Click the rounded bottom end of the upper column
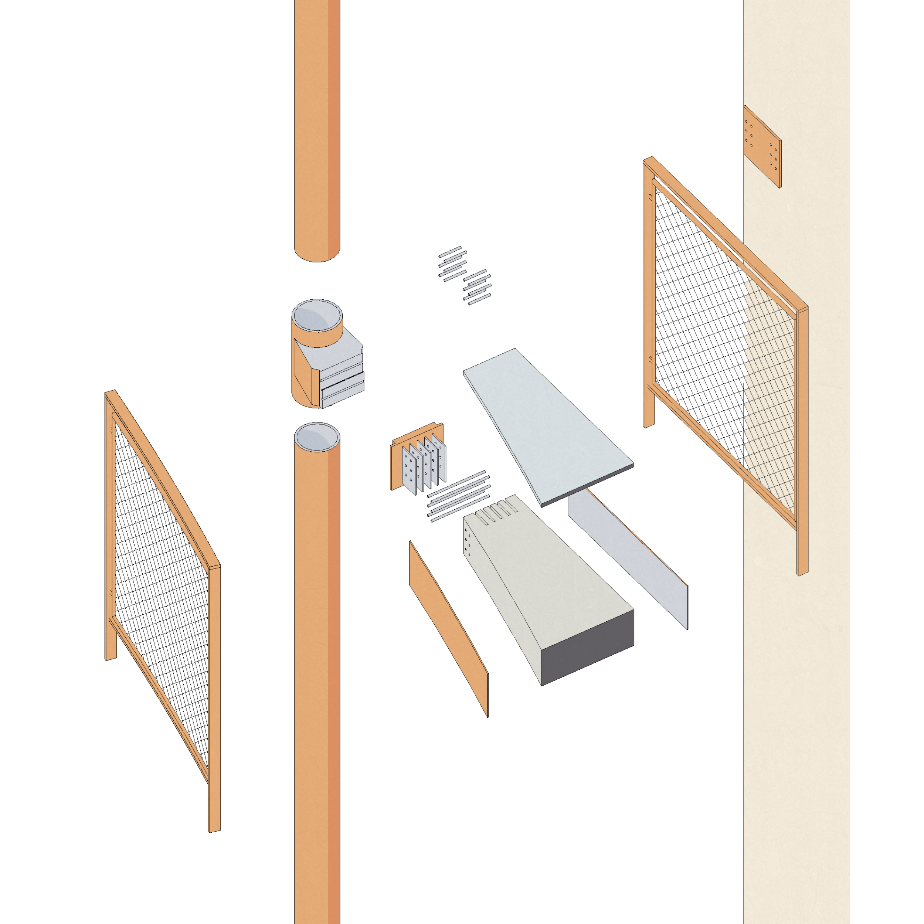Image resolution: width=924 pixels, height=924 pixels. [317, 254]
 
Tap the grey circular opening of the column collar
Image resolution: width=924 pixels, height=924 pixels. [317, 316]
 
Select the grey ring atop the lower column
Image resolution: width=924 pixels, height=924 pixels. [317, 436]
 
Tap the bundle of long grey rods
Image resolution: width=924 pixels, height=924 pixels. [457, 495]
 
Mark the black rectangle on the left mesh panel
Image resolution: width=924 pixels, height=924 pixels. [130, 612]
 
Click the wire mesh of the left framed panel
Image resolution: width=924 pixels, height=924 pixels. [163, 574]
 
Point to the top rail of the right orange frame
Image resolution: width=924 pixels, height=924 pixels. [727, 234]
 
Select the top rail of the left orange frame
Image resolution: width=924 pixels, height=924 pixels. [163, 478]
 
